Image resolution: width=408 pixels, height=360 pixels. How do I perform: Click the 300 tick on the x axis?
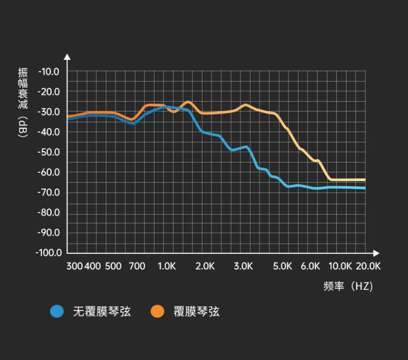74,266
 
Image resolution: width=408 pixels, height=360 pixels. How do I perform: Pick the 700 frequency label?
137,266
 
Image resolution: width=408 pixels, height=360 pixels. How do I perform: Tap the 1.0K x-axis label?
167,266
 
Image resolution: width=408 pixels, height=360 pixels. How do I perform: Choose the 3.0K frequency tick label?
243,266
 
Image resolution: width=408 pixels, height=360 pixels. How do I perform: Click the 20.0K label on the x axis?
368,266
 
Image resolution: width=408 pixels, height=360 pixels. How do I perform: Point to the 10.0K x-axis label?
341,266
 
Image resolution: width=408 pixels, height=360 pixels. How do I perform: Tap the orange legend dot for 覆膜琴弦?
158,311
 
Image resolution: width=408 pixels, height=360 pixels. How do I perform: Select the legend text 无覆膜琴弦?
102,312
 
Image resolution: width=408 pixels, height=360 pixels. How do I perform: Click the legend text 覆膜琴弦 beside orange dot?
196,312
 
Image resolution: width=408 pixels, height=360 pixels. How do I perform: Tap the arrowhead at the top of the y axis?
67,56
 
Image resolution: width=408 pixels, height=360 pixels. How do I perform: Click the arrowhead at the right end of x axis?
376,253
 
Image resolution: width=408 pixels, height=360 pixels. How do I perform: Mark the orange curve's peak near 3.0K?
245,104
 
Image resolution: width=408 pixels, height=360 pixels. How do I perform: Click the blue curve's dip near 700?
133,123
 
